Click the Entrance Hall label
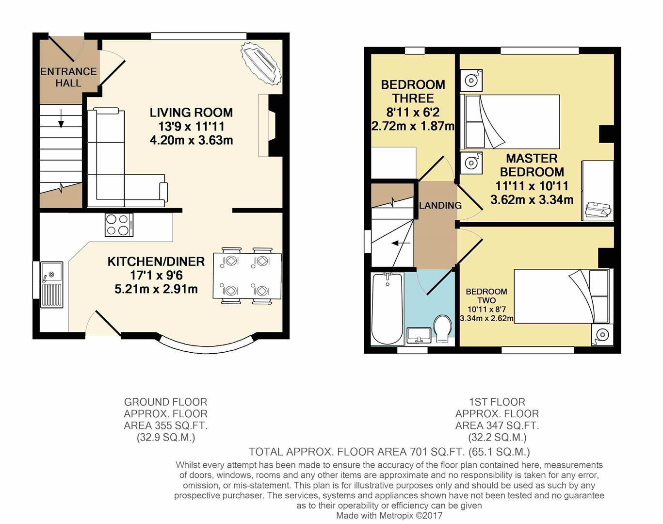tap(68, 77)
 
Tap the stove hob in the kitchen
tap(119, 225)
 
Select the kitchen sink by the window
tap(52, 284)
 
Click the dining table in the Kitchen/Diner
tap(247, 276)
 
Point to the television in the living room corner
tap(260, 63)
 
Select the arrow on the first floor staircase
tap(401, 243)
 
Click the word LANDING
tap(440, 205)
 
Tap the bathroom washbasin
tap(419, 335)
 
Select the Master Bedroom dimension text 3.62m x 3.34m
tap(532, 200)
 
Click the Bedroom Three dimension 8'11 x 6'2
tap(413, 112)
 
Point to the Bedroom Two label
tap(486, 295)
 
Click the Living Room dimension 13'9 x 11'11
tap(191, 126)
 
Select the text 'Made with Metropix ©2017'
tap(389, 515)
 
